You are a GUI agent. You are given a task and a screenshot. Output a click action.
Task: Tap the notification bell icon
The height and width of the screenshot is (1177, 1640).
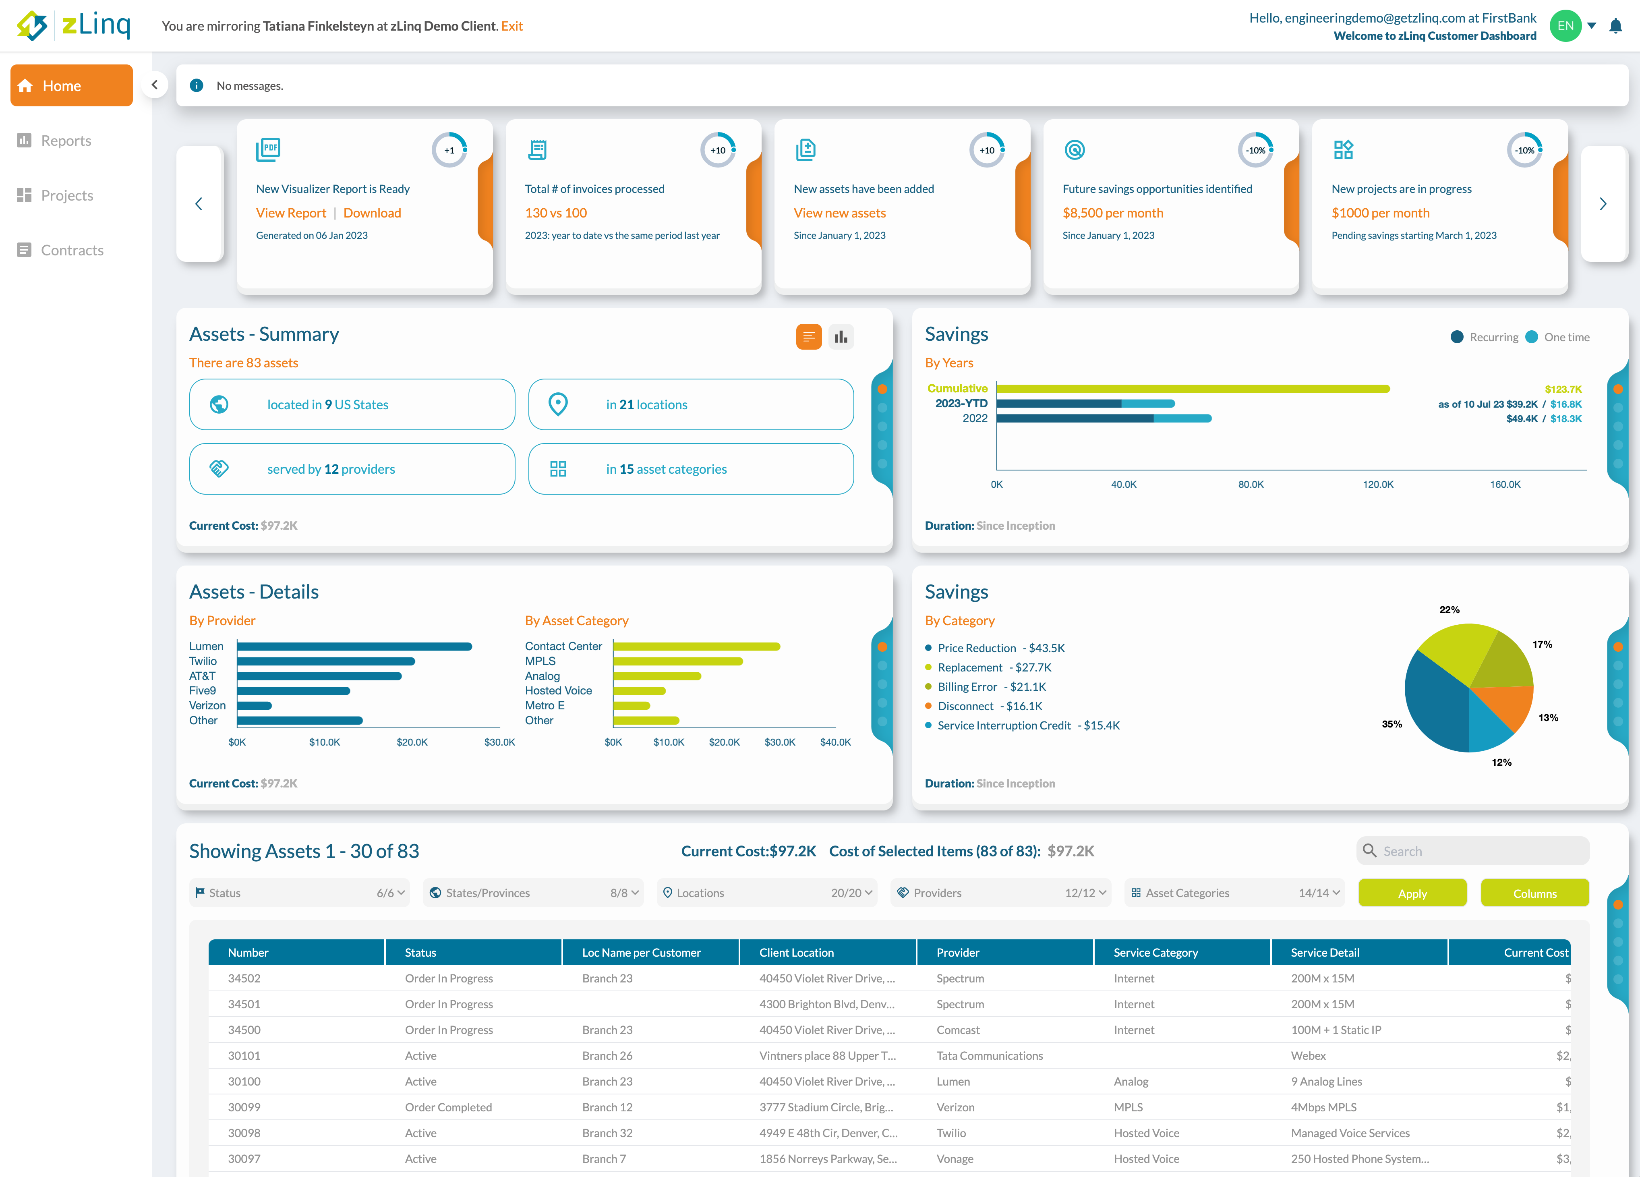tap(1615, 27)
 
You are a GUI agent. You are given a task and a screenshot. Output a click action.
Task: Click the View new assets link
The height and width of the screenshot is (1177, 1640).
tap(839, 213)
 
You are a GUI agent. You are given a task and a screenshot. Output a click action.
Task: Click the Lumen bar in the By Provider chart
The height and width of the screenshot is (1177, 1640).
tap(354, 646)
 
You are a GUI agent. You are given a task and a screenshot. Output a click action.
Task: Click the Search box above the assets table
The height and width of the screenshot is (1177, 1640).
tap(1475, 851)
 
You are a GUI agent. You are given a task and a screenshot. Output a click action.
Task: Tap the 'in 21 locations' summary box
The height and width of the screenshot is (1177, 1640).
tap(691, 404)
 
